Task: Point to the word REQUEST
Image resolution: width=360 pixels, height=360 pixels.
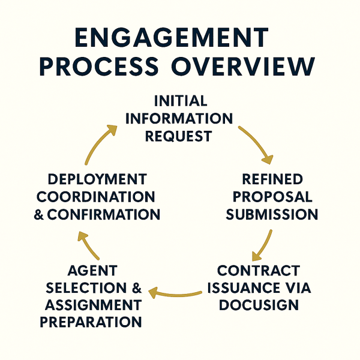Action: point(179,136)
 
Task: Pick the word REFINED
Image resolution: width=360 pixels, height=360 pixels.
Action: point(273,179)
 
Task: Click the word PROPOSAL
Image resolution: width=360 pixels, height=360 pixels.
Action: point(273,197)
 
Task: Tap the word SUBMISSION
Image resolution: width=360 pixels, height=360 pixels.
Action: point(273,215)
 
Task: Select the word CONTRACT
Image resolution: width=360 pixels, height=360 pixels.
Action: point(258,270)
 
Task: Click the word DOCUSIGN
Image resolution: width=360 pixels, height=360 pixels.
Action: point(258,305)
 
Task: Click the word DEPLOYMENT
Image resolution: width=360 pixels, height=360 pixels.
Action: point(97,179)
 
